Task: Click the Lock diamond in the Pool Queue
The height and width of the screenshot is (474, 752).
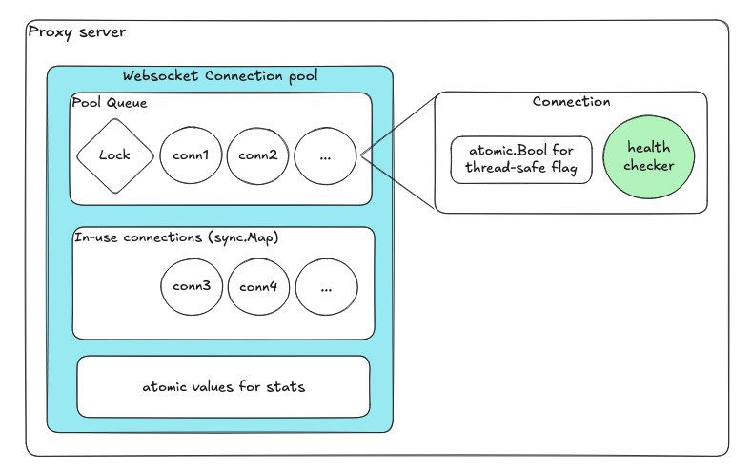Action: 114,155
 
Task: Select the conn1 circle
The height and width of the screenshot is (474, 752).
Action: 191,155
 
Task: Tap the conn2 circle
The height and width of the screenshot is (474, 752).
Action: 257,155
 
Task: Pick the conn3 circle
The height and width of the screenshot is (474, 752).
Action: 192,285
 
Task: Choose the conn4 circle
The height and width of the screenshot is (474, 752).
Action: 258,285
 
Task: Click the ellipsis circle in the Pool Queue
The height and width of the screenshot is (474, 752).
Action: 325,155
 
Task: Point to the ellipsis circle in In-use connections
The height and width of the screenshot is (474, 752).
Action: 326,286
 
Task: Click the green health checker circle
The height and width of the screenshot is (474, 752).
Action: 649,157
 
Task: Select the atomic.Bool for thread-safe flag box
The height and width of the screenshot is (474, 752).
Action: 521,159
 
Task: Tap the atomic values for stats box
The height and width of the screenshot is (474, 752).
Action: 223,386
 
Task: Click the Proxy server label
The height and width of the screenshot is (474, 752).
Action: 76,32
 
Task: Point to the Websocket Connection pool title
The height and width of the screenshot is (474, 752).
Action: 220,75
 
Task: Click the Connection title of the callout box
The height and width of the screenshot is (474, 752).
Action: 571,102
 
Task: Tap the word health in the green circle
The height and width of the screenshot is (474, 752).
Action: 648,148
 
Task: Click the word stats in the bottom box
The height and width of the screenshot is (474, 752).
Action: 286,387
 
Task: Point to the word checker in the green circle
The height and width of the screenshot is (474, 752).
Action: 649,166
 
